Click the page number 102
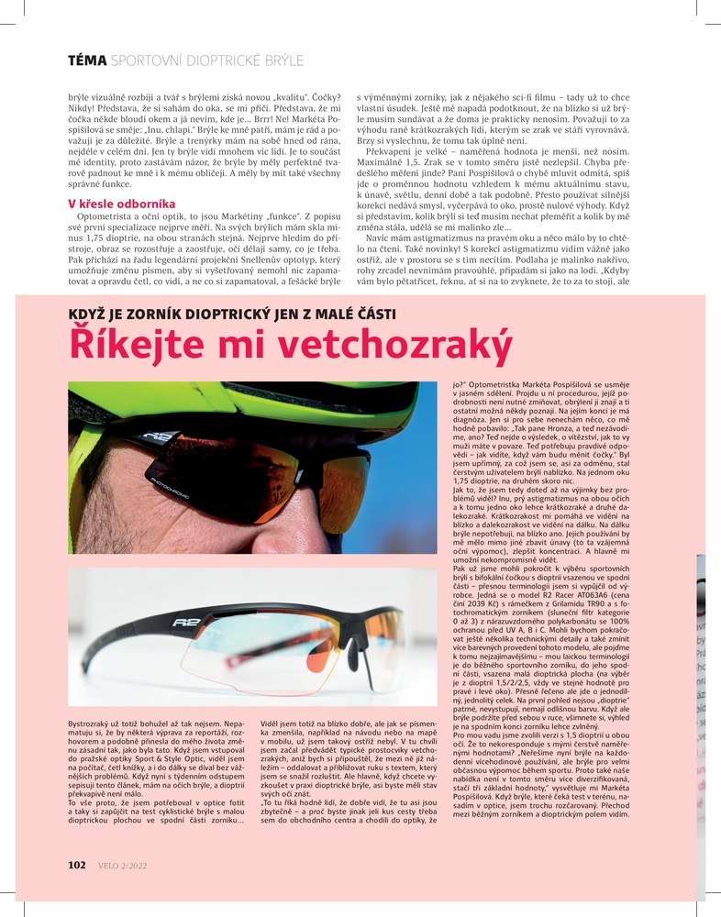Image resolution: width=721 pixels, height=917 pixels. pos(77,864)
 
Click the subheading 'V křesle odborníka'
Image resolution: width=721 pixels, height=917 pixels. pos(116,202)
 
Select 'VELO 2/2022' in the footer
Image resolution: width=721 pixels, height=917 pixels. pos(121,864)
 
